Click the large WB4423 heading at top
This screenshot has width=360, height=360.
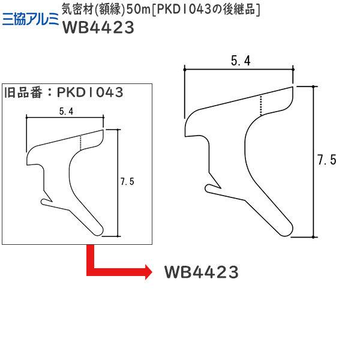tap(97, 29)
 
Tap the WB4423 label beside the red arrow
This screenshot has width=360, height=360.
tap(201, 272)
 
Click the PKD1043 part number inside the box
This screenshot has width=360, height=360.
tap(90, 92)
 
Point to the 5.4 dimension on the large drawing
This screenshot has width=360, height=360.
tap(239, 61)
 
